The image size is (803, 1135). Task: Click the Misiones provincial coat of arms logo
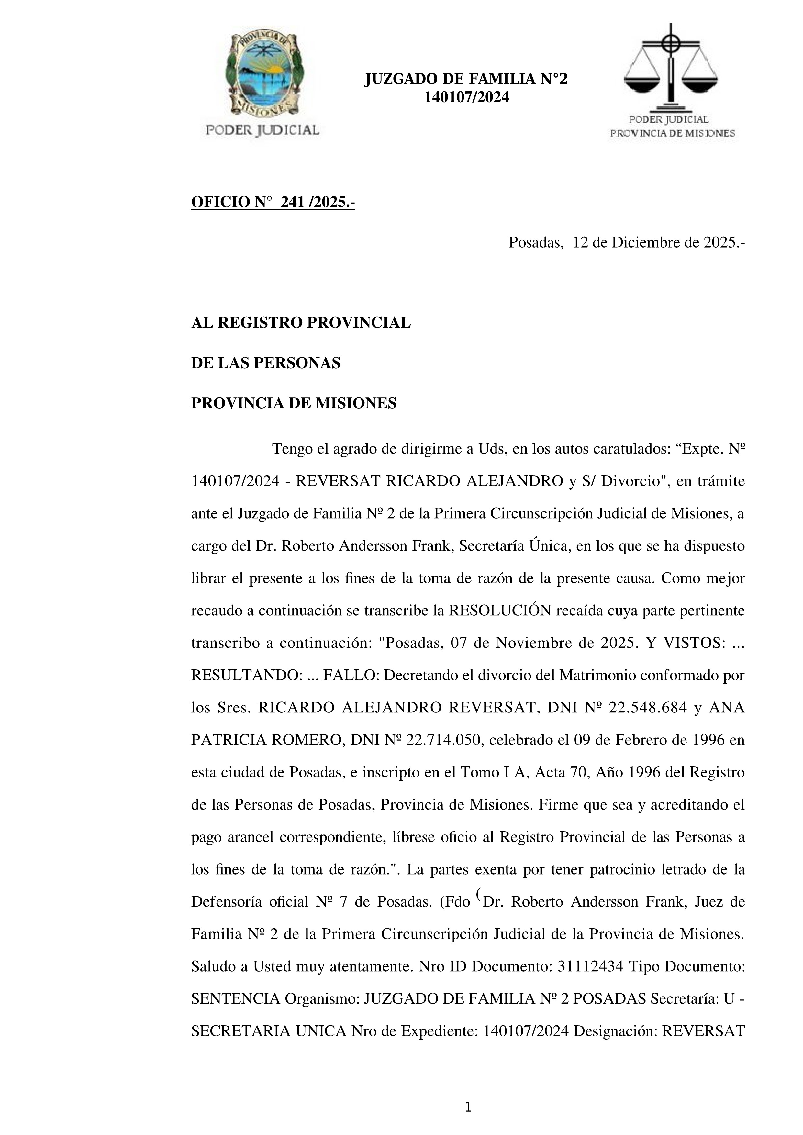click(262, 74)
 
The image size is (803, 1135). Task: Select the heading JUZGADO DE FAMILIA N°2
click(466, 79)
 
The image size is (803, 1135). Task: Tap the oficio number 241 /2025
click(317, 202)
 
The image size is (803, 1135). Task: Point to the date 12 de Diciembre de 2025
click(658, 243)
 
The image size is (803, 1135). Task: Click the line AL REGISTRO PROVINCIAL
click(301, 323)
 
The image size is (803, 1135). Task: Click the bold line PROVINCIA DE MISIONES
click(294, 403)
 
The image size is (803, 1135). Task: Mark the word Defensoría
click(225, 902)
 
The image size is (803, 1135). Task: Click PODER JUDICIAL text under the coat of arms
click(262, 130)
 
